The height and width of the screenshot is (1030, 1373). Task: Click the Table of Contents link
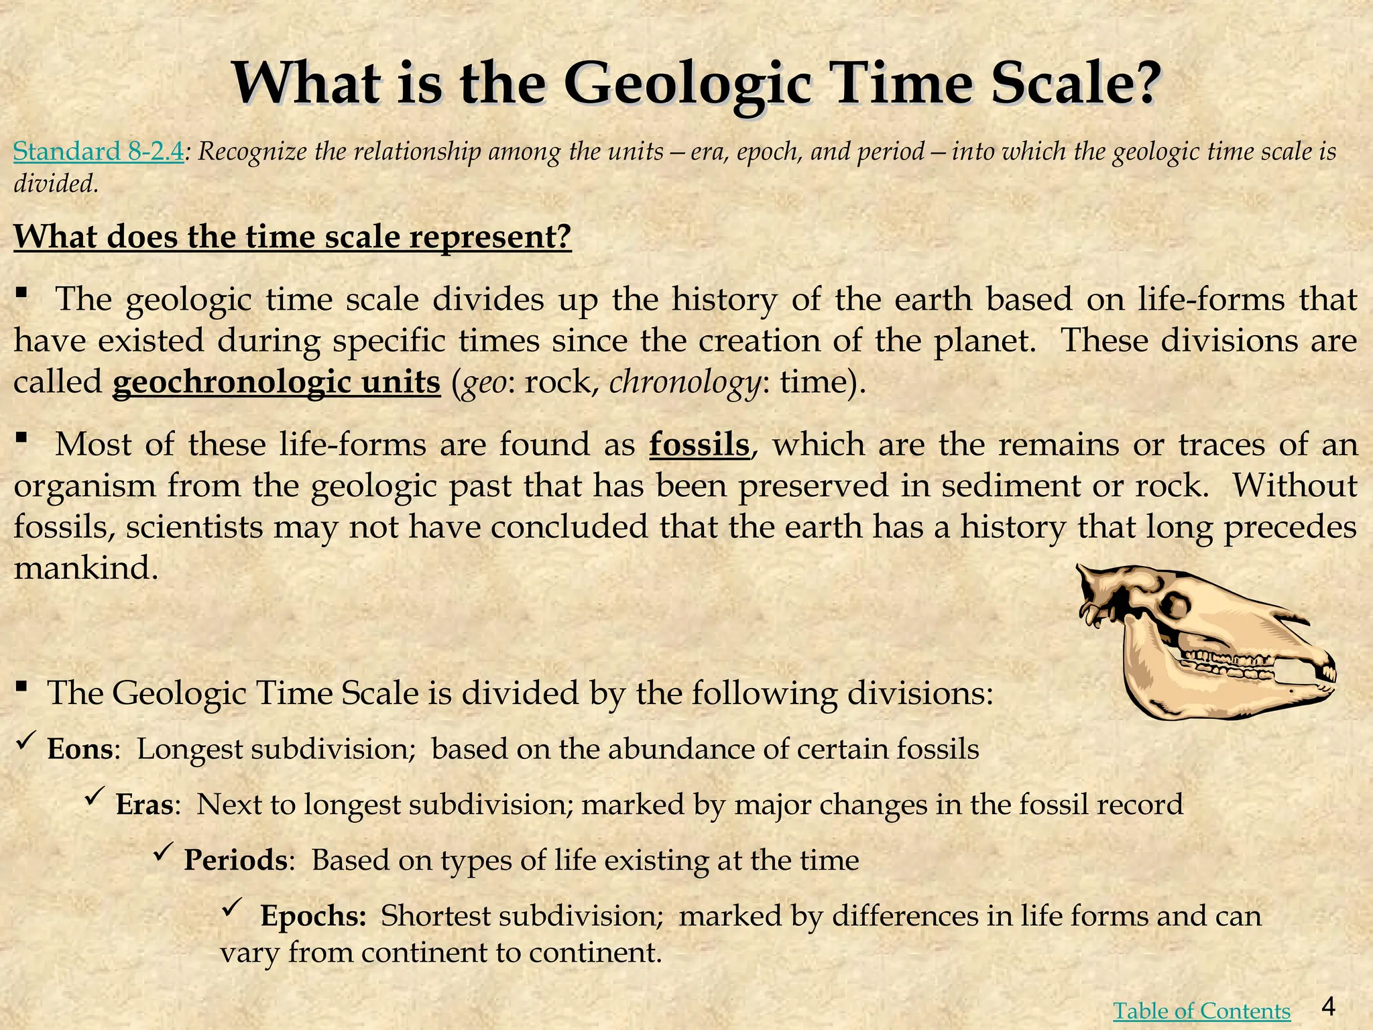tap(1201, 1011)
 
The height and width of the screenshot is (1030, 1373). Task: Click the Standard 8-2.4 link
tap(99, 152)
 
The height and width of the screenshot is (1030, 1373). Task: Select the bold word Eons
tap(79, 749)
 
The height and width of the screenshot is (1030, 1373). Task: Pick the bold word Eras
tap(145, 805)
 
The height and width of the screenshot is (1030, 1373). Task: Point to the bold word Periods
tap(236, 860)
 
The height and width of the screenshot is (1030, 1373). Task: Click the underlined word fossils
tap(699, 445)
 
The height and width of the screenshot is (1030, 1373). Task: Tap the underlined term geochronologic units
tap(276, 382)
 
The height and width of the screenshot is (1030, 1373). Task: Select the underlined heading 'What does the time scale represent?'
tap(292, 237)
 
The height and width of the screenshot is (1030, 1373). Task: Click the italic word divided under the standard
tap(56, 182)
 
